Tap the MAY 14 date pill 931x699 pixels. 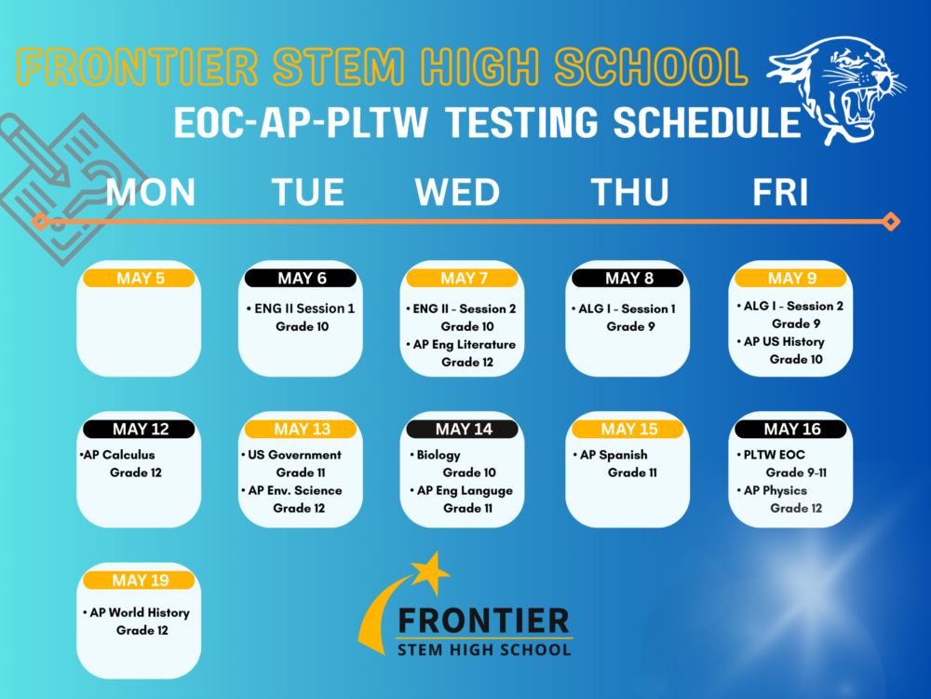[462, 429]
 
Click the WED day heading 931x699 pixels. [457, 193]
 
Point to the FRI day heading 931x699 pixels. [780, 193]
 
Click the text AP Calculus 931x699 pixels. [119, 455]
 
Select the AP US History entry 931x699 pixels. [784, 342]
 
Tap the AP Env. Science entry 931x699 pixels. [294, 490]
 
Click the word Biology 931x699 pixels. [439, 456]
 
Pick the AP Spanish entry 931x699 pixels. [614, 456]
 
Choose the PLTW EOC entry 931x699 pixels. [775, 455]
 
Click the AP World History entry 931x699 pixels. [140, 613]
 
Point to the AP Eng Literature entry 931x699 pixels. [465, 345]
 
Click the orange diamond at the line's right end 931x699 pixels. [891, 222]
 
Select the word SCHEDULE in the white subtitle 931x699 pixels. [708, 122]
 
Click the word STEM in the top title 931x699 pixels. [339, 66]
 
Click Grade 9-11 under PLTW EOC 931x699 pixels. [796, 473]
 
